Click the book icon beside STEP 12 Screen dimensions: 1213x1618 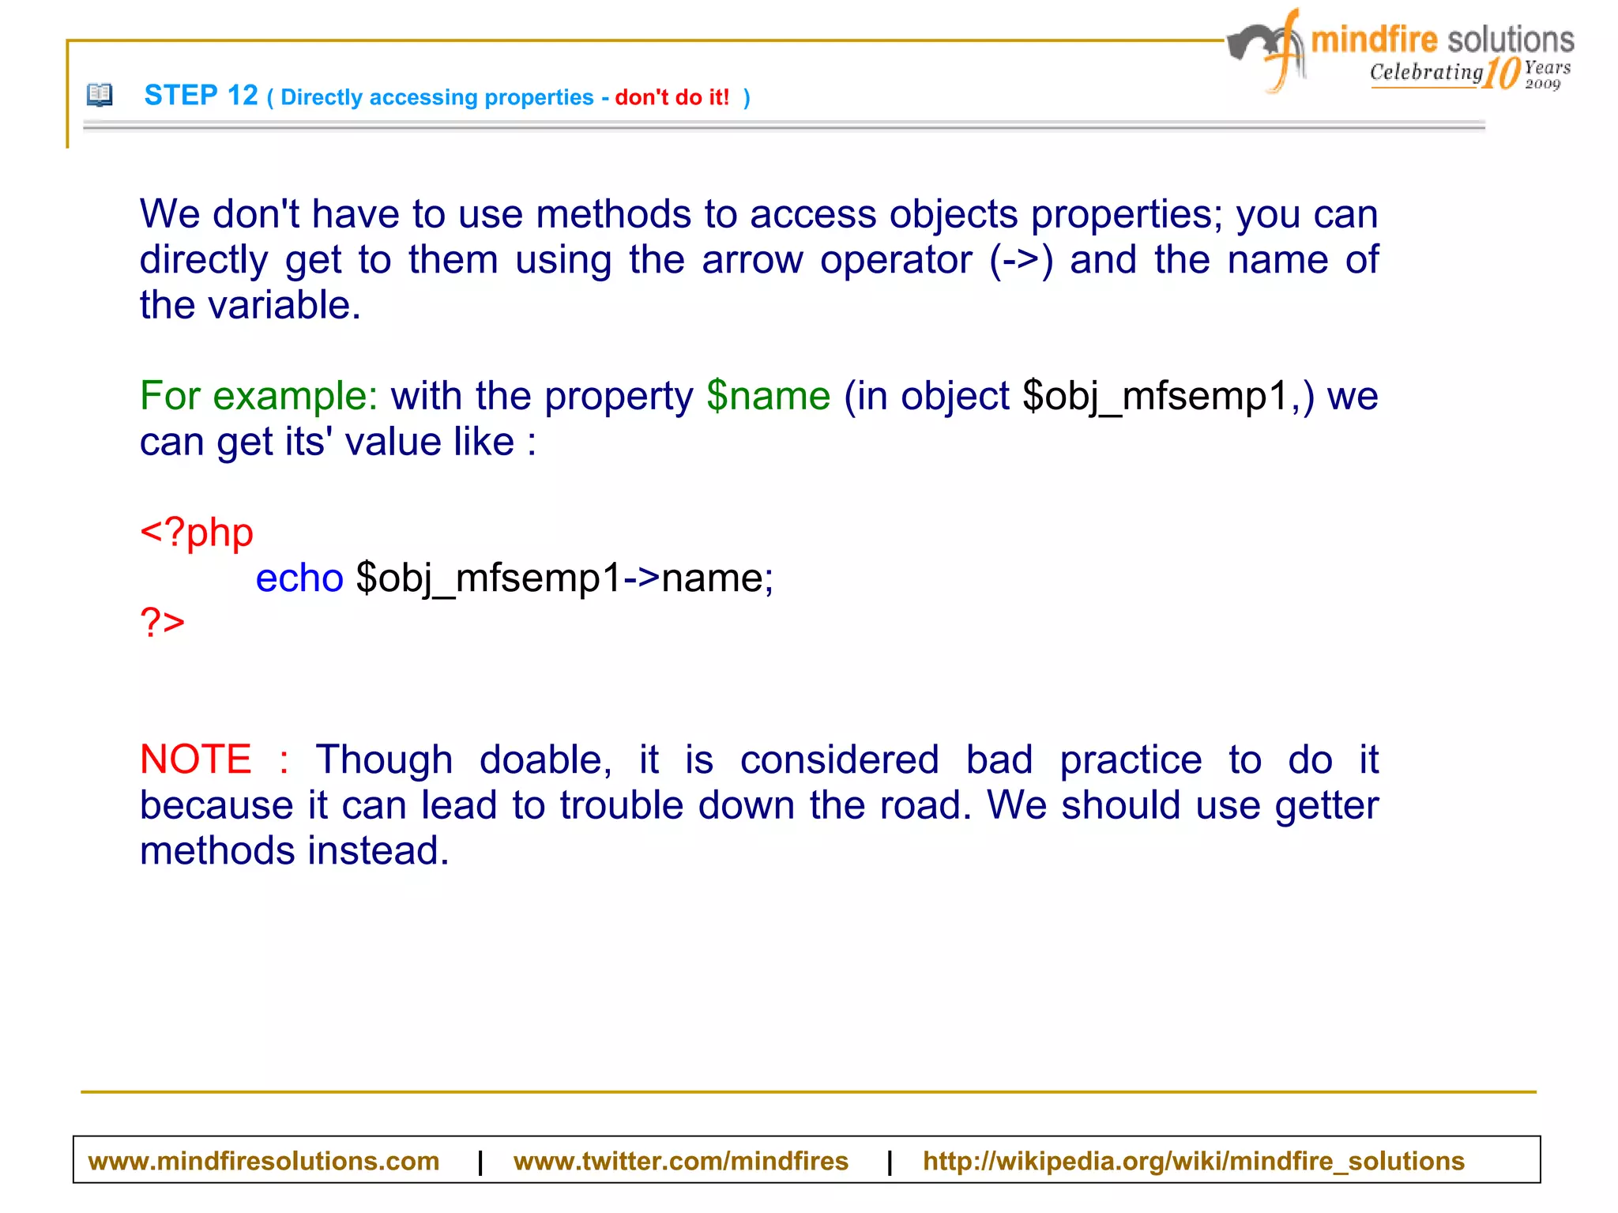(x=100, y=95)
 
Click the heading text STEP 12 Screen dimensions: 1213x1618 (x=201, y=96)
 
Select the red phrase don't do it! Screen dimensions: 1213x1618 (x=672, y=97)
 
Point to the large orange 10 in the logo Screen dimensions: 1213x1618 (x=1501, y=73)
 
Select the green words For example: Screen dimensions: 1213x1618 (x=258, y=395)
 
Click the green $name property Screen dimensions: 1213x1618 (x=768, y=395)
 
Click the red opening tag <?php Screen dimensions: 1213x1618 (x=197, y=532)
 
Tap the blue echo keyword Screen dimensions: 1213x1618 (x=299, y=578)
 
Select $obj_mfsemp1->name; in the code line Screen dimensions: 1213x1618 (x=564, y=578)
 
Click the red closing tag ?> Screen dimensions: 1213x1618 (x=162, y=623)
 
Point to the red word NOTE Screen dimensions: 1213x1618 (x=195, y=759)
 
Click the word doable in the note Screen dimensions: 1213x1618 (x=545, y=759)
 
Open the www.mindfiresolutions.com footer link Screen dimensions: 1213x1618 (x=263, y=1161)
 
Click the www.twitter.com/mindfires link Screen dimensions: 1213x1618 (x=680, y=1161)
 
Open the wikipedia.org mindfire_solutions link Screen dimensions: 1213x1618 (x=1193, y=1161)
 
